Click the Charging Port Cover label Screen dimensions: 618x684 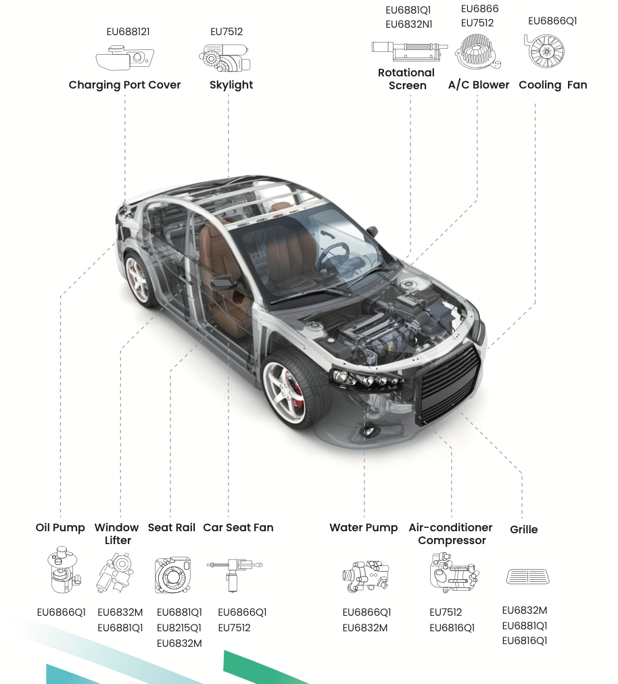[124, 84]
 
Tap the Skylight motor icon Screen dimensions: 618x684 [224, 57]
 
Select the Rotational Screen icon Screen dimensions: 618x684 [409, 51]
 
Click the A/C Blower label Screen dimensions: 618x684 [478, 84]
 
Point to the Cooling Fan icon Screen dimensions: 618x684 [544, 51]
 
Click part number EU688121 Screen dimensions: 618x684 [128, 32]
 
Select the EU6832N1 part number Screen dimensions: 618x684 [408, 24]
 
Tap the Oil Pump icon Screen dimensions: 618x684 [64, 569]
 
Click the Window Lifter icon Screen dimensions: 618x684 [115, 572]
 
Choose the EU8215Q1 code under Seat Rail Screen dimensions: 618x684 [179, 628]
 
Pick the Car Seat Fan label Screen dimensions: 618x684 [238, 527]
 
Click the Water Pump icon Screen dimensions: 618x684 [366, 577]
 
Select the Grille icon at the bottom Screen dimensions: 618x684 [527, 577]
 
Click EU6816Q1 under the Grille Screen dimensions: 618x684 [524, 641]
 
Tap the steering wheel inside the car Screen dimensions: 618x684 [332, 258]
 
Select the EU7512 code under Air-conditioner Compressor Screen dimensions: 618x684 [446, 612]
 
